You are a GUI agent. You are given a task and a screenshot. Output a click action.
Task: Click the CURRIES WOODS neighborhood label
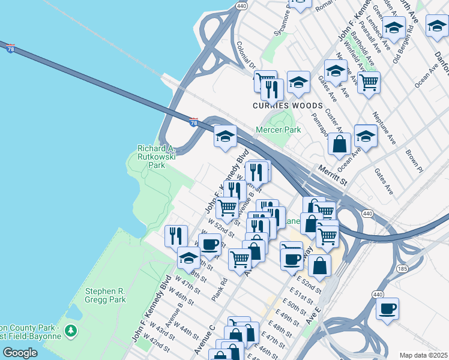[x=288, y=106]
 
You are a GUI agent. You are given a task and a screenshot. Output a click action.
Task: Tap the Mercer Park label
[x=278, y=130]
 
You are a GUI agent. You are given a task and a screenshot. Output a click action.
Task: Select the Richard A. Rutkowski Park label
[x=155, y=157]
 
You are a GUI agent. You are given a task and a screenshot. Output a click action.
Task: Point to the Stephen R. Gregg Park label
[x=105, y=295]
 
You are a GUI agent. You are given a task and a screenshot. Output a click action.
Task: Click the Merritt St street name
[x=333, y=175]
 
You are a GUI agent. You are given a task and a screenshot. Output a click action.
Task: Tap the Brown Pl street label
[x=414, y=161]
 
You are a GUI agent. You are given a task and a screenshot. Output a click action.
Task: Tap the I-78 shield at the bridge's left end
[x=10, y=49]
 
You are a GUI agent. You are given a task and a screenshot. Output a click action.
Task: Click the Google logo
[x=20, y=352]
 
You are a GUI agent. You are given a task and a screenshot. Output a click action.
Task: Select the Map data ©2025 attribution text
[x=423, y=355]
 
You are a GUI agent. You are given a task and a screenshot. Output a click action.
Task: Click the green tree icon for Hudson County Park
[x=71, y=331]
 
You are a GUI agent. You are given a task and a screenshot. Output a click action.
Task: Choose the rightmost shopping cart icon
[x=369, y=82]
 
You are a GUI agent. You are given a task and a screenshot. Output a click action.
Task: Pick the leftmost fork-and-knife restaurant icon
[x=175, y=235]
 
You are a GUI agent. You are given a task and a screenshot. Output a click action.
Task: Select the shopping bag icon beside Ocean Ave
[x=340, y=144]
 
